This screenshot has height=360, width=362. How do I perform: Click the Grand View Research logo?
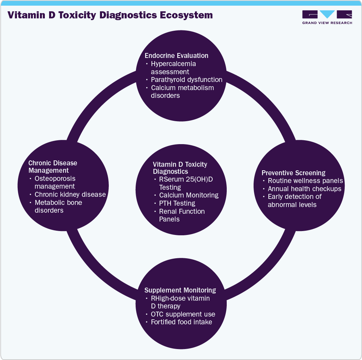point(327,17)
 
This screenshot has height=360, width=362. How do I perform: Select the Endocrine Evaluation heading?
point(176,55)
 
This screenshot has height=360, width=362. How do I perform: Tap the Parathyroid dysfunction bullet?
point(186,79)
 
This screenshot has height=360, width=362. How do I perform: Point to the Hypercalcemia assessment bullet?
point(173,67)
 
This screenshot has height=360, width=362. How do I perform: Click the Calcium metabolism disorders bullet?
point(182,92)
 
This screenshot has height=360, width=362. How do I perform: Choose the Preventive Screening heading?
point(293,173)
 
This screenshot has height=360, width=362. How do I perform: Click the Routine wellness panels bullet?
point(305,181)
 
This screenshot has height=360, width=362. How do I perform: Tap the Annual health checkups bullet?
point(304,189)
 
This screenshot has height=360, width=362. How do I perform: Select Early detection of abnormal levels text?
point(295,200)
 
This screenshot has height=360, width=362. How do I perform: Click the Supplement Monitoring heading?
point(180,290)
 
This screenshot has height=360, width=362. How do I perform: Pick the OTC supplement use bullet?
point(183,314)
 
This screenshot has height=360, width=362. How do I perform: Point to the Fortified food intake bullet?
point(182,322)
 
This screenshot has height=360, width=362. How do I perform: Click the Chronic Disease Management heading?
point(53,167)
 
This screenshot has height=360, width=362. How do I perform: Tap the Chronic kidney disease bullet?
point(70,194)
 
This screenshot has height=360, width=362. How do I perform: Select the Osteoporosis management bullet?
point(55,182)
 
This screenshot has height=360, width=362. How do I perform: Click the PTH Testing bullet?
point(177,203)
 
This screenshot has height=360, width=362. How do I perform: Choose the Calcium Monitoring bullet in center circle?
point(189,195)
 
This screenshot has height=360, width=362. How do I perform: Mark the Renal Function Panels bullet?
point(182,215)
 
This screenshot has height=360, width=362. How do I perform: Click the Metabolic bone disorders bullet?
point(58,206)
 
